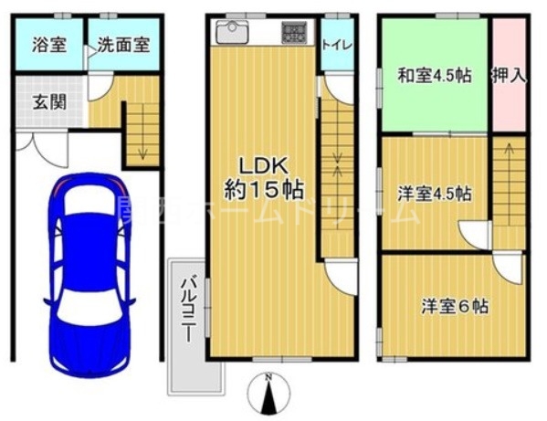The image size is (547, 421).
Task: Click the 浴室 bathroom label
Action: (x=48, y=45)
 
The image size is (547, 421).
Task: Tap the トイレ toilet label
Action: (x=335, y=43)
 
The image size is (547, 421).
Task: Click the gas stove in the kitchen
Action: (x=295, y=33)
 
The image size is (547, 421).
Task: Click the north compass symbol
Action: (x=267, y=395)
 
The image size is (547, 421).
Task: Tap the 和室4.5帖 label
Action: (x=434, y=76)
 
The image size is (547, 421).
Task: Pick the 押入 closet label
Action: (x=509, y=76)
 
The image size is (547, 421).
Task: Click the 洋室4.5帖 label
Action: (x=434, y=194)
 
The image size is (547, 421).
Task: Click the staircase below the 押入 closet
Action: (x=508, y=183)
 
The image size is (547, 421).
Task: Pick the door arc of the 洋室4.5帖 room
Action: (x=477, y=235)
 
